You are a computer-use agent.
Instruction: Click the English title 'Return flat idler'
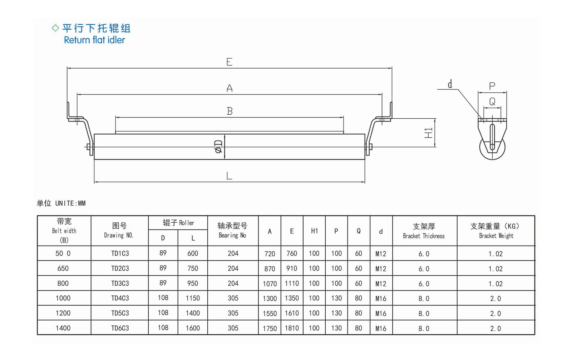click(x=94, y=40)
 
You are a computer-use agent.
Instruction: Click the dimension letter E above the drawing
click(x=230, y=62)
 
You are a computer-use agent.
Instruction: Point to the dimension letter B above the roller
click(x=230, y=111)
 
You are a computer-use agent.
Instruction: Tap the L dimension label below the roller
click(x=229, y=176)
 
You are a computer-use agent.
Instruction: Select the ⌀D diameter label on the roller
click(x=218, y=147)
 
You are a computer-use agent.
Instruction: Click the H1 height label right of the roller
click(x=429, y=133)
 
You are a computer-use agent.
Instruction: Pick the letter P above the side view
click(x=492, y=86)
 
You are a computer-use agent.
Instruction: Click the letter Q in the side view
click(x=492, y=102)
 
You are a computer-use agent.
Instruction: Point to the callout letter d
click(x=450, y=84)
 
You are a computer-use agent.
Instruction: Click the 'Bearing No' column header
click(x=232, y=231)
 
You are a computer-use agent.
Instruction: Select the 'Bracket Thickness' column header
click(x=424, y=231)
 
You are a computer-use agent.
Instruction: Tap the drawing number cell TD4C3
click(x=120, y=298)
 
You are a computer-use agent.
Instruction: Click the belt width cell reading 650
click(x=63, y=268)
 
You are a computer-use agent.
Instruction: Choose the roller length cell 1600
click(x=193, y=328)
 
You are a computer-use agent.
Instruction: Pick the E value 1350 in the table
click(x=292, y=298)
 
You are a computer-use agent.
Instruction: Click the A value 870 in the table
click(x=270, y=269)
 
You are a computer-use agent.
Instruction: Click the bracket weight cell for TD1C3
click(x=495, y=254)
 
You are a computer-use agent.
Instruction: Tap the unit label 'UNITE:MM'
click(x=70, y=203)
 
